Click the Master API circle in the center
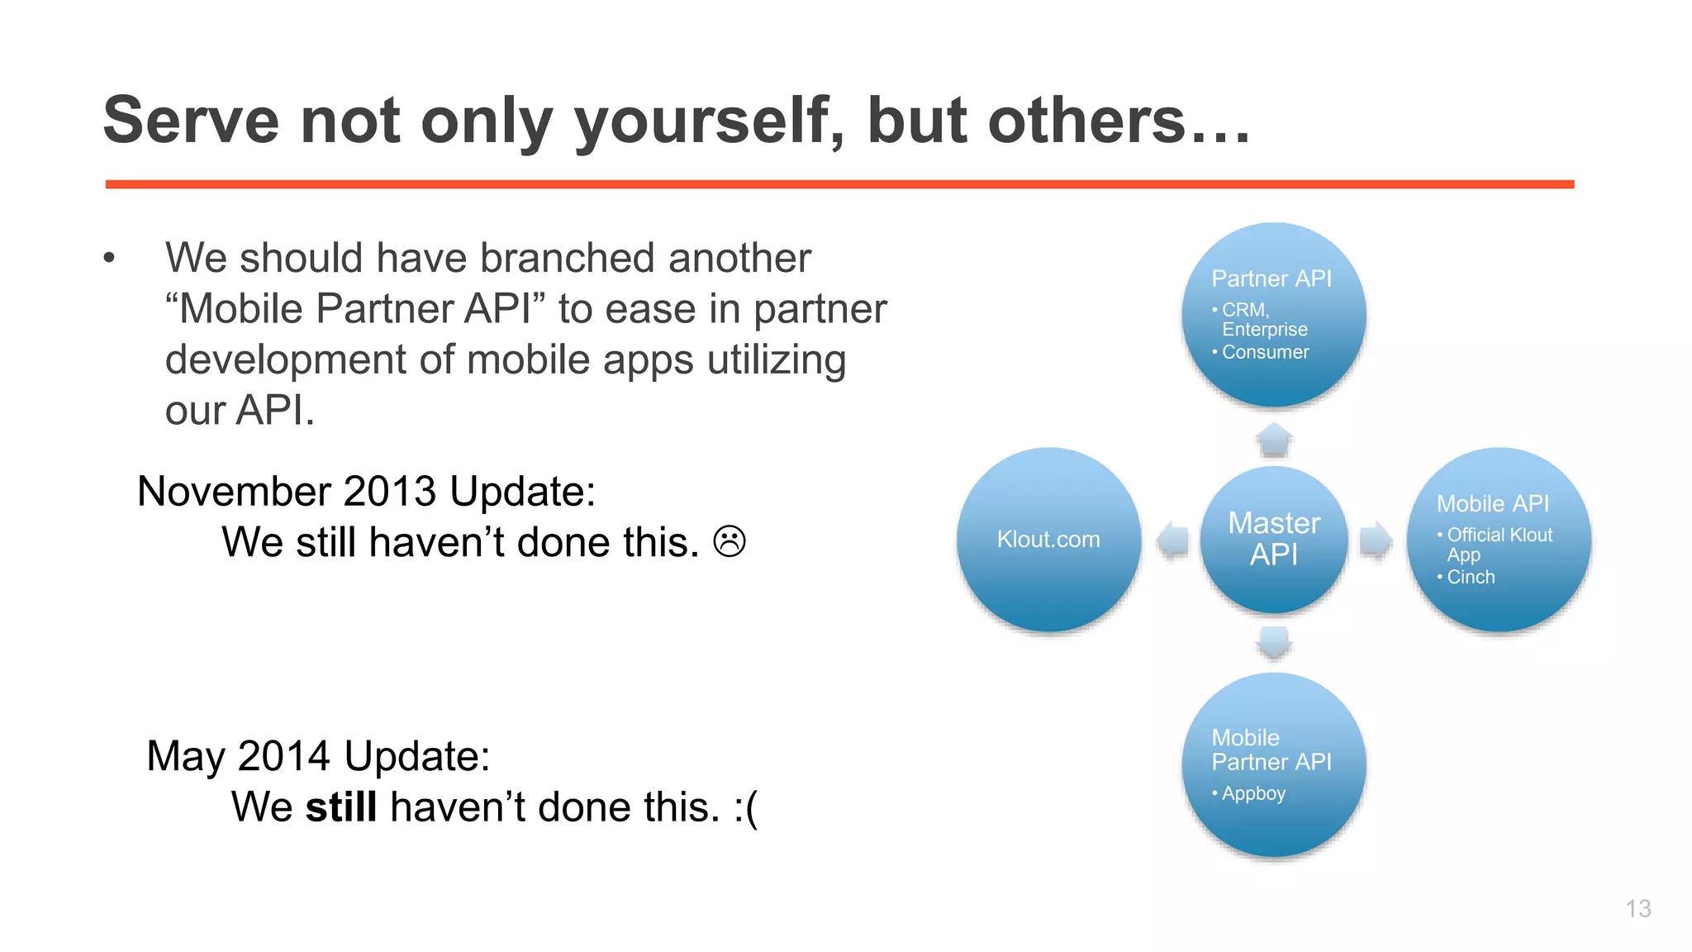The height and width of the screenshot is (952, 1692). (1273, 539)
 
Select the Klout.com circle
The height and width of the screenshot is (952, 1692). (1048, 540)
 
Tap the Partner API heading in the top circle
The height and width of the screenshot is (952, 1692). (1271, 278)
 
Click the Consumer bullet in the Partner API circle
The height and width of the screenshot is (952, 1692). (1265, 352)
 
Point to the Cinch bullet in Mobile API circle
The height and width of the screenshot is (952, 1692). (1470, 577)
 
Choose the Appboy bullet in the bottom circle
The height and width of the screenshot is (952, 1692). (1252, 793)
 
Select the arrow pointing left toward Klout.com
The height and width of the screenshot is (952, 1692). (1172, 540)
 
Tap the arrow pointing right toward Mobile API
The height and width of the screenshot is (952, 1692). (1376, 540)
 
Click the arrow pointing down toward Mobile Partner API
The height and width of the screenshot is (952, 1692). (1274, 642)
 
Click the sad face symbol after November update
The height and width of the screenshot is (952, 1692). (729, 542)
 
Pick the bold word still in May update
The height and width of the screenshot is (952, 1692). (341, 807)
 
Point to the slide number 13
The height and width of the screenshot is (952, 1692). (1637, 908)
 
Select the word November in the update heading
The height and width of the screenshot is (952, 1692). (234, 492)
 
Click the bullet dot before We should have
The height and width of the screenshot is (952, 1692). (109, 259)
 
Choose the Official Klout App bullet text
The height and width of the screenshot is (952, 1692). (1499, 535)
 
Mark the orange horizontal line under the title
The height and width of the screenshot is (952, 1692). (839, 184)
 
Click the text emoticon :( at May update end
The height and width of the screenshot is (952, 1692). (745, 807)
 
